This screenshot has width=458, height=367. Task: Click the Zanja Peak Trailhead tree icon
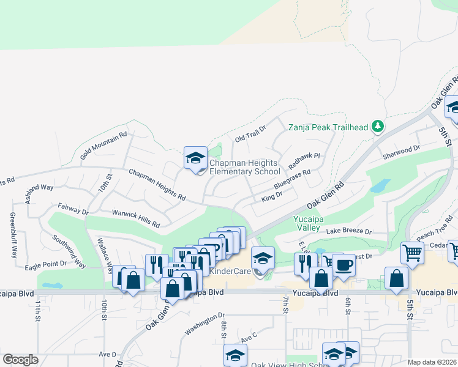coord(378,127)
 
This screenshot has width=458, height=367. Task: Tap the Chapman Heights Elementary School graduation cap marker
coord(195,158)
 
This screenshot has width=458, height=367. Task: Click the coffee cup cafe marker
coord(343,265)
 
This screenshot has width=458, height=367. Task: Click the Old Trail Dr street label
coord(251,134)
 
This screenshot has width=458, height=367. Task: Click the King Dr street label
coord(271,196)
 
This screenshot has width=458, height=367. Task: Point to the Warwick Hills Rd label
coord(135,215)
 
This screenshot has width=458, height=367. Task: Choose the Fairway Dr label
coord(73,209)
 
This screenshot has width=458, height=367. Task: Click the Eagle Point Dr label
coord(45,266)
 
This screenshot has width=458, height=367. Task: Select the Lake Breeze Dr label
coord(349,231)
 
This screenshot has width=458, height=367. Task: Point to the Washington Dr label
coord(205,325)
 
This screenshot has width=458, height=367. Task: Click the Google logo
coord(20,360)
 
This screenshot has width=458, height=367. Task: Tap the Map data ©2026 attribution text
coord(431,362)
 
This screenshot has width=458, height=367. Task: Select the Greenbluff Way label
coord(13,235)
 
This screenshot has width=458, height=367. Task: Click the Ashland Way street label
coord(40,194)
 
